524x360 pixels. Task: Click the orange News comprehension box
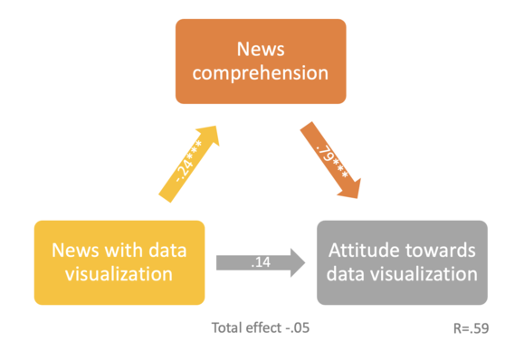261,61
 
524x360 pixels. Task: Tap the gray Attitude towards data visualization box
402,261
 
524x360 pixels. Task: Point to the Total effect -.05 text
260,328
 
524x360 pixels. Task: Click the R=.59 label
471,328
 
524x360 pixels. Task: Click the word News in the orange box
261,48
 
